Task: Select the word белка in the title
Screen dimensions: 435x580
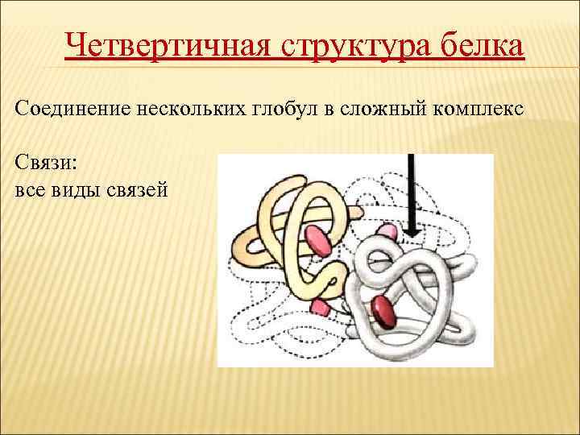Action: (x=484, y=46)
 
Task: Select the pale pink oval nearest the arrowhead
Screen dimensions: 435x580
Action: (x=387, y=234)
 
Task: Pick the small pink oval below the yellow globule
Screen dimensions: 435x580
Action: (x=321, y=306)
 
